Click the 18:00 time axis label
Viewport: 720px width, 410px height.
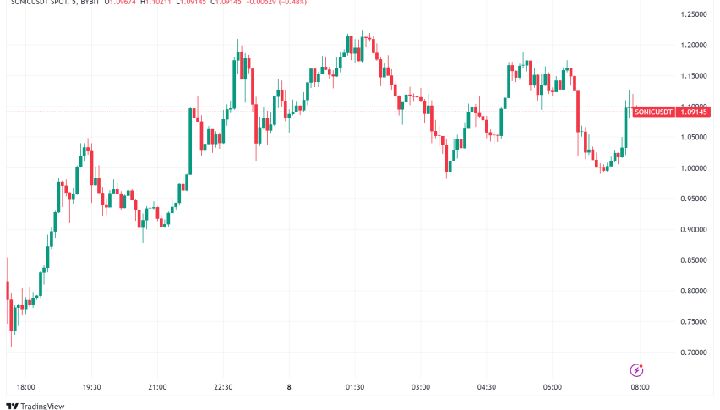click(x=25, y=387)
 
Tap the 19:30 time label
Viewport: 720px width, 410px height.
click(x=91, y=387)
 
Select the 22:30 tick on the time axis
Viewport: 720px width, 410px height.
click(x=223, y=387)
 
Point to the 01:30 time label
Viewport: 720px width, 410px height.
click(x=355, y=387)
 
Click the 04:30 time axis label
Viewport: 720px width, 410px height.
click(x=487, y=387)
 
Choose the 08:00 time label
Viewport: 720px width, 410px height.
click(x=640, y=387)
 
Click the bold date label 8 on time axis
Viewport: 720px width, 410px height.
click(x=289, y=387)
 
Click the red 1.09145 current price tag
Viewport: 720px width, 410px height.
click(x=695, y=112)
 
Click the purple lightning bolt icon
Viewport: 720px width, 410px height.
click(x=637, y=370)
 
